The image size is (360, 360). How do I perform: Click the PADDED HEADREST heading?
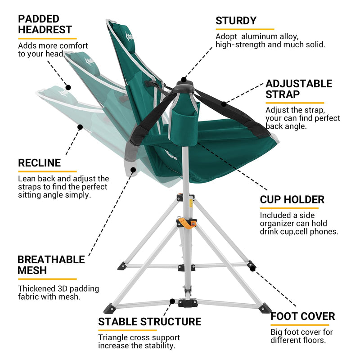pos(45,24)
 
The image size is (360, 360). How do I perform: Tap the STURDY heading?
pos(236,21)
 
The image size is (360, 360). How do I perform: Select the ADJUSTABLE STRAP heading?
pos(299,89)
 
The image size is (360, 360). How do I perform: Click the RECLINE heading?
pos(39,163)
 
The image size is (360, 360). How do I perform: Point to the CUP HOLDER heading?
pos(292,199)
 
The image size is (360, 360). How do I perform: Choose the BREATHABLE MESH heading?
pos(51,265)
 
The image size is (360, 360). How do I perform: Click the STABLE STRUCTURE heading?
pos(149,322)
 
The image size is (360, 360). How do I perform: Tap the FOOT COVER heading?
pos(302,316)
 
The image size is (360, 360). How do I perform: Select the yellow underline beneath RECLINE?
pos(47,171)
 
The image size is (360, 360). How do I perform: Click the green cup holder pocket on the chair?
pos(183,122)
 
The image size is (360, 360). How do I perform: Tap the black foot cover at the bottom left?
pos(109,308)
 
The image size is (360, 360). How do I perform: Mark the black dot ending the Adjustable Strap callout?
pos(224,104)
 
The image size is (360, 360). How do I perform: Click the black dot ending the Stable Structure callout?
pos(171,301)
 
